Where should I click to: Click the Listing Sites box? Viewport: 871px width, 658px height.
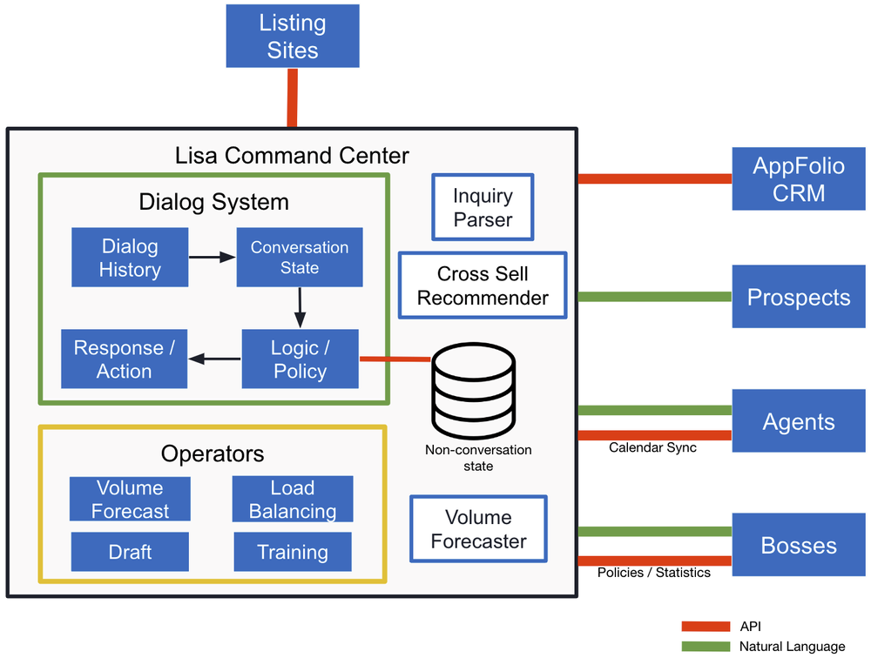(x=293, y=37)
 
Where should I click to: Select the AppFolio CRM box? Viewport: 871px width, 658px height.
(x=799, y=178)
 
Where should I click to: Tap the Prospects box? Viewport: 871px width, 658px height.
(x=799, y=297)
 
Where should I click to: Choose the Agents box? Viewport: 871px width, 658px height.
(x=799, y=421)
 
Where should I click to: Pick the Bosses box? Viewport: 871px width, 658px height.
(x=799, y=546)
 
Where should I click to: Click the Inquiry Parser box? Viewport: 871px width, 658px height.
(x=483, y=207)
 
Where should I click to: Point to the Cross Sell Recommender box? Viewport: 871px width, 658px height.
(x=483, y=285)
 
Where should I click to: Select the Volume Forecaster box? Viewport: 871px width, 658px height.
(x=478, y=529)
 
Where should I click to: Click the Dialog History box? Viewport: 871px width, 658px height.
(x=130, y=258)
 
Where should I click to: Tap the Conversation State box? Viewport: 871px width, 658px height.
(x=300, y=258)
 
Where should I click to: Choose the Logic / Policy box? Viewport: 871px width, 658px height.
(x=300, y=359)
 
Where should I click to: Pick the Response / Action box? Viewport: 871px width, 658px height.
(x=124, y=359)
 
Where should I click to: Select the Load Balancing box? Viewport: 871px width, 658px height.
(x=293, y=499)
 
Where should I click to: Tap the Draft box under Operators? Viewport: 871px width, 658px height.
(x=130, y=552)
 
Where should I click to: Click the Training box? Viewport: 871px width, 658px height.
(x=293, y=552)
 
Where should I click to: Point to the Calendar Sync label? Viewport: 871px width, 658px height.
(x=652, y=447)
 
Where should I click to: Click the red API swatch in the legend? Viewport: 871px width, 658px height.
(x=706, y=626)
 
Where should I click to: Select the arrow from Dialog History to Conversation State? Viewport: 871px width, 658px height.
(x=212, y=258)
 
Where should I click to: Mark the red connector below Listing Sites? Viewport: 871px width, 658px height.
(x=293, y=97)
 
